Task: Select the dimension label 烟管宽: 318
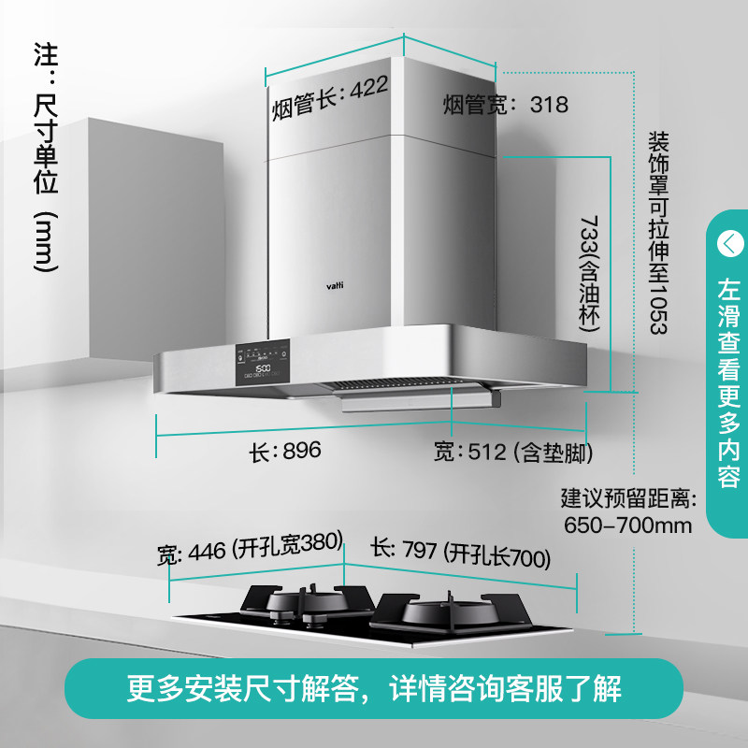[505, 105]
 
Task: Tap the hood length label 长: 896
[285, 451]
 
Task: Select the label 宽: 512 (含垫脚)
[513, 453]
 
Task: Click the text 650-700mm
[628, 525]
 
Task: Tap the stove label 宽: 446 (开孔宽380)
[251, 550]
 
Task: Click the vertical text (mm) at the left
[44, 240]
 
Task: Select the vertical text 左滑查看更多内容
[728, 383]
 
